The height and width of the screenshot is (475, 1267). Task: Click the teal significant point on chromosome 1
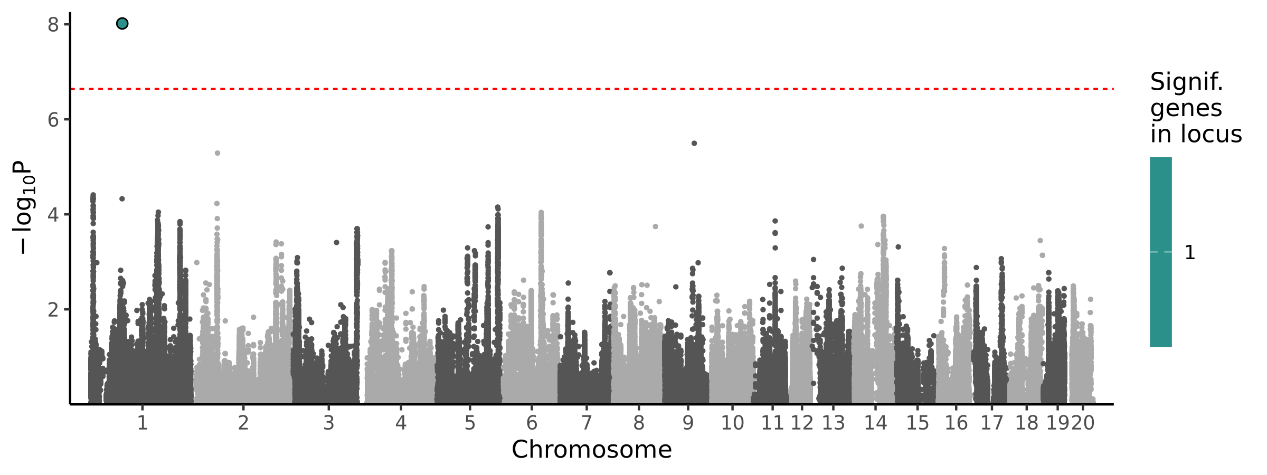point(122,24)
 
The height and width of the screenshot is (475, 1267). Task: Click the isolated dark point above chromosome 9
point(694,144)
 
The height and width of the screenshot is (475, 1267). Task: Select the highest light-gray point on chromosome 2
point(218,153)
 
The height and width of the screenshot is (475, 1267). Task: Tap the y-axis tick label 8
point(53,25)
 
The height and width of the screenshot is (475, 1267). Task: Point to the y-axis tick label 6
point(53,120)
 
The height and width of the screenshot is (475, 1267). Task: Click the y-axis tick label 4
point(53,215)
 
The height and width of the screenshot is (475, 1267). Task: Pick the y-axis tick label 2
point(53,310)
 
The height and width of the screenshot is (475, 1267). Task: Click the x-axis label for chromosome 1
point(142,423)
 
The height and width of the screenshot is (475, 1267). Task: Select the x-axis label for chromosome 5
point(470,423)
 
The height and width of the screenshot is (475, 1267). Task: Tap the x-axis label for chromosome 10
point(732,423)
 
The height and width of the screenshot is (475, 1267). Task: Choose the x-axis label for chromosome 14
point(875,423)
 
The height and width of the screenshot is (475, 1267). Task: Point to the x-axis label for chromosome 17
point(991,423)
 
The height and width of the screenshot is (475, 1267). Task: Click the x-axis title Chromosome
point(591,450)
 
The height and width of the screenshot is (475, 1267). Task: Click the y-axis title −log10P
point(24,208)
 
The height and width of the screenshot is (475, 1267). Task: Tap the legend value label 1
point(1190,253)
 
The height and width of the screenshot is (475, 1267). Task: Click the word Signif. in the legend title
point(1186,82)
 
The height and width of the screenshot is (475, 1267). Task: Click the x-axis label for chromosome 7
point(587,423)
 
